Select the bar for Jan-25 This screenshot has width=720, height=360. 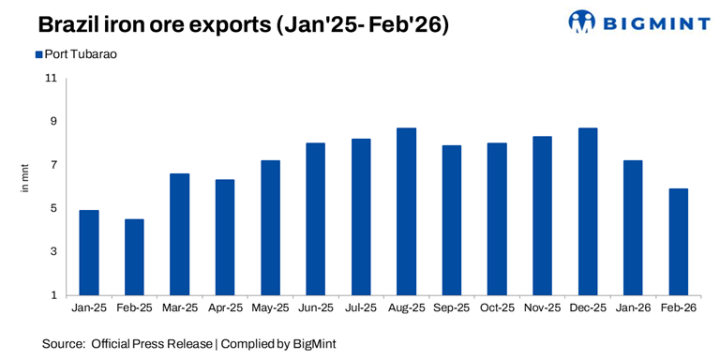pyautogui.click(x=90, y=252)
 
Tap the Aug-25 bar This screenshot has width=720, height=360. pyautogui.click(x=407, y=211)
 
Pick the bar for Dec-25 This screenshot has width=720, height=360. pyautogui.click(x=588, y=211)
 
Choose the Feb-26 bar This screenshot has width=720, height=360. pyautogui.click(x=679, y=242)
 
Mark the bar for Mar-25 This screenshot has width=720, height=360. pyautogui.click(x=180, y=234)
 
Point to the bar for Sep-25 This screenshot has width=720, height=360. pyautogui.click(x=452, y=220)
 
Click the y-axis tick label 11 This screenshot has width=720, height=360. pyautogui.click(x=51, y=78)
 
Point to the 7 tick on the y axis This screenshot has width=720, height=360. pyautogui.click(x=53, y=165)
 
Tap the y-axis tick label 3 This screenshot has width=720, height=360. pyautogui.click(x=53, y=252)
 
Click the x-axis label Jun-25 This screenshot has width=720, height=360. pyautogui.click(x=316, y=307)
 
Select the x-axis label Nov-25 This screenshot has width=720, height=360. pyautogui.click(x=543, y=307)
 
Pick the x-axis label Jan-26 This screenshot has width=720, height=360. pyautogui.click(x=633, y=307)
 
